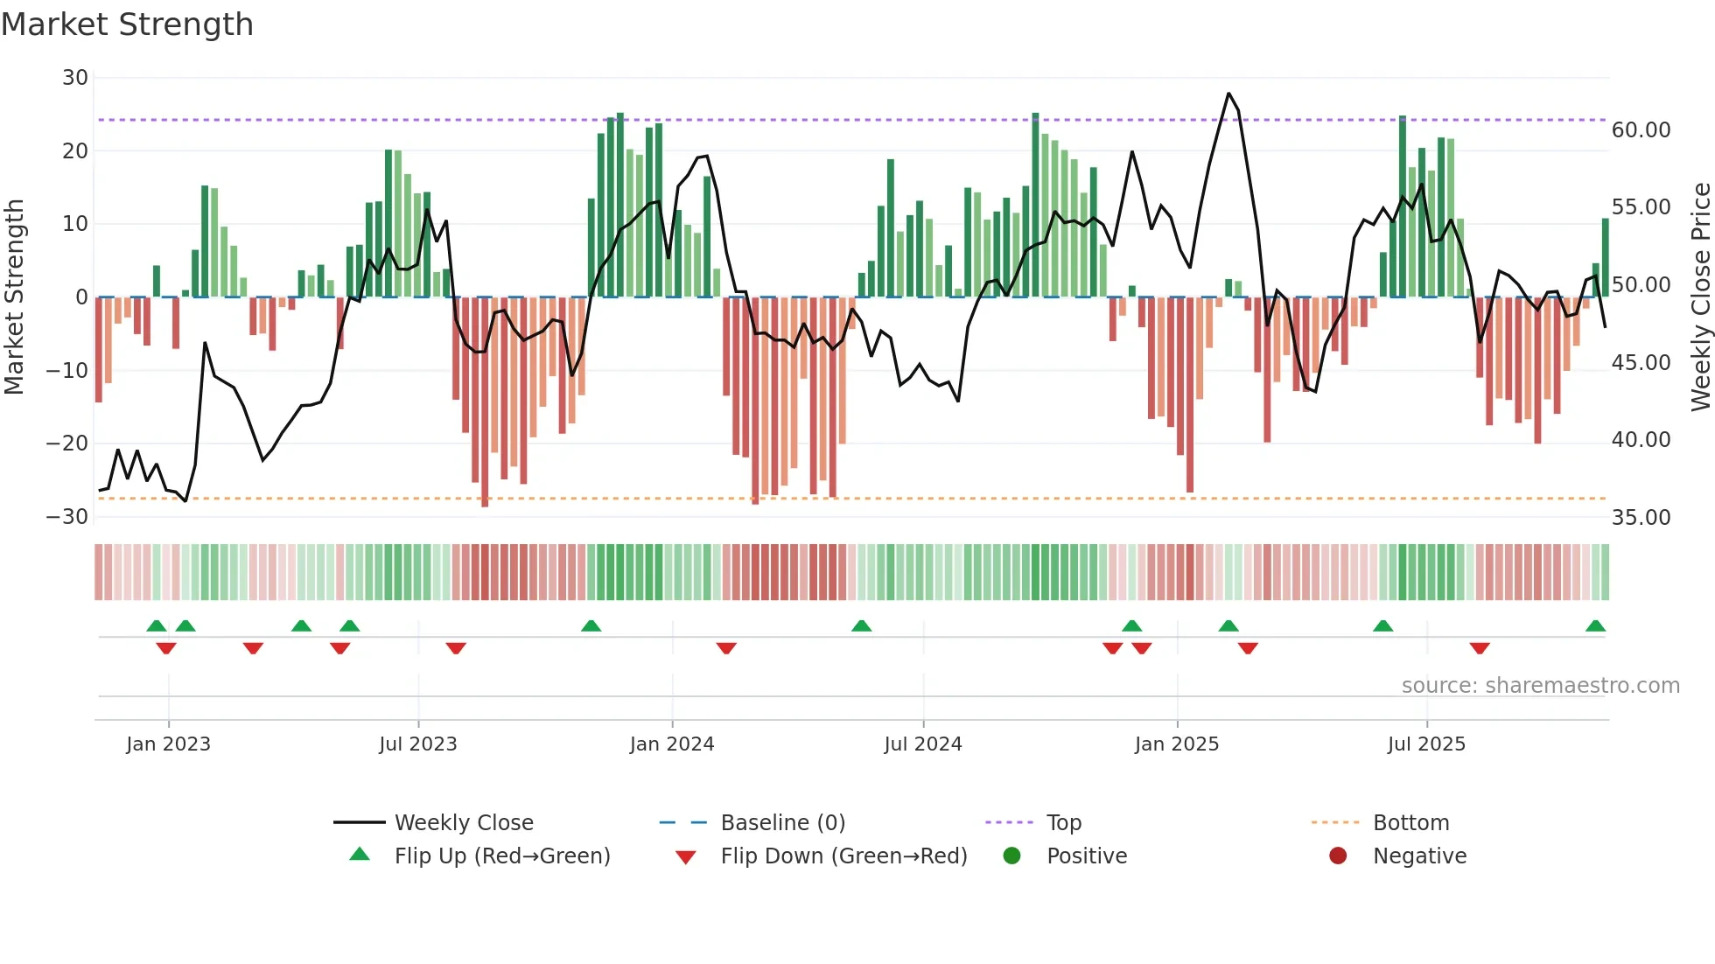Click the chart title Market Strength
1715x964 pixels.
(x=128, y=24)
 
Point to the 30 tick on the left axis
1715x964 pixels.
(x=75, y=78)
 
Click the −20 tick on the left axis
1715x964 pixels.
(x=67, y=444)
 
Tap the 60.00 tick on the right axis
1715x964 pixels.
(x=1641, y=130)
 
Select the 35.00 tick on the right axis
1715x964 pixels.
(x=1641, y=518)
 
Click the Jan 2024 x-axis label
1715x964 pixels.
(x=672, y=744)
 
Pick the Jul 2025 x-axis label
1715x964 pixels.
(x=1426, y=744)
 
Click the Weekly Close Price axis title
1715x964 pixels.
(x=1700, y=297)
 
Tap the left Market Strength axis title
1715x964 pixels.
(x=15, y=297)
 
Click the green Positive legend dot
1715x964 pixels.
(x=1012, y=856)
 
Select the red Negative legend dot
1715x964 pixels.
(x=1338, y=856)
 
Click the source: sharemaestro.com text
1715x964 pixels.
(x=1540, y=686)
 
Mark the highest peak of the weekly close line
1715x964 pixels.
(x=1228, y=94)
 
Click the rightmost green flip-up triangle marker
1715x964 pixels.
(x=1595, y=626)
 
